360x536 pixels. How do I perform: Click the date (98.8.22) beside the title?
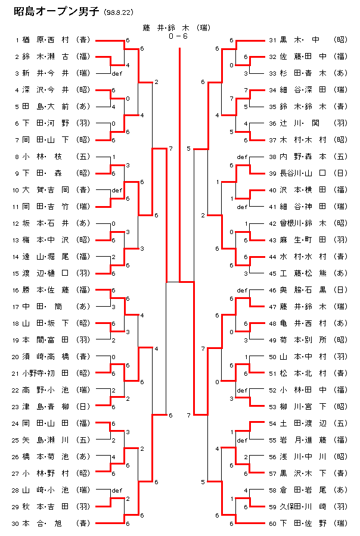[119, 13]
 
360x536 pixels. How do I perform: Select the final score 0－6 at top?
[179, 36]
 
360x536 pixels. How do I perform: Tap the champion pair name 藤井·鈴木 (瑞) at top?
[179, 28]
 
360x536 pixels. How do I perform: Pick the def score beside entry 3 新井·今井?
[116, 74]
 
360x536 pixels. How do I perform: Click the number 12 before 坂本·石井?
[16, 223]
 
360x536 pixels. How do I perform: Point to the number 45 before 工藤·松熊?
[272, 273]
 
